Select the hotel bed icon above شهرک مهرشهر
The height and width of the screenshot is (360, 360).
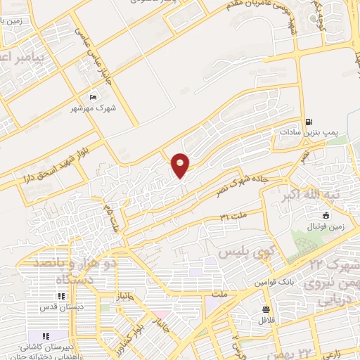(x=94, y=98)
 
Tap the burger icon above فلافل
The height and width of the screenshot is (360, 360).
(x=266, y=309)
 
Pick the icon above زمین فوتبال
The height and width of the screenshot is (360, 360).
(x=325, y=215)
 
